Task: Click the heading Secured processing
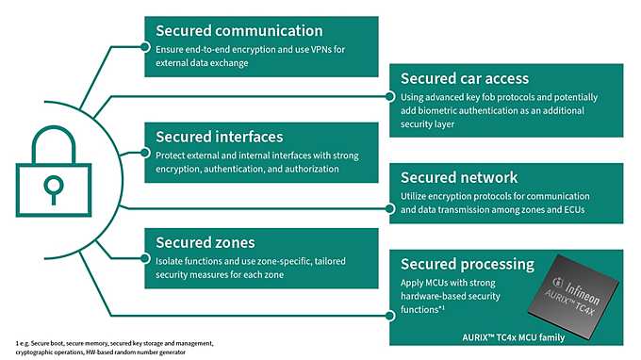(468, 264)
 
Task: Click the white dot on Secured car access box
(390, 95)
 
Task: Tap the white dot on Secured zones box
(144, 258)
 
